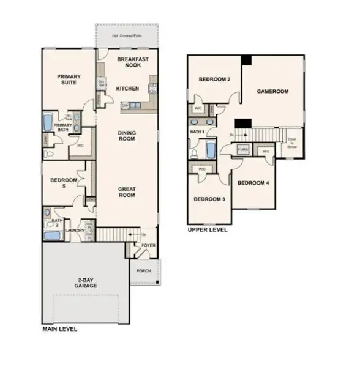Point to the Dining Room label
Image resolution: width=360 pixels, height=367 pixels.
click(127, 135)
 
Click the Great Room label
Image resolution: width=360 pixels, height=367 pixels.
click(127, 193)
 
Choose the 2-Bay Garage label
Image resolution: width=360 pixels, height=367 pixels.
click(86, 283)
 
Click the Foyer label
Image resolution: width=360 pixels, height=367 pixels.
click(149, 245)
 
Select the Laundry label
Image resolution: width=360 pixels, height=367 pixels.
click(74, 230)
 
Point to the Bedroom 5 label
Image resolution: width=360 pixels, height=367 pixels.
click(64, 183)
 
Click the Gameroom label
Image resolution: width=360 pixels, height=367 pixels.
click(272, 92)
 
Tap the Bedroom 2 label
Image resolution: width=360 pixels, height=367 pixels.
click(214, 80)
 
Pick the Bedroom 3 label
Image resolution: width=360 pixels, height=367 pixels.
click(209, 199)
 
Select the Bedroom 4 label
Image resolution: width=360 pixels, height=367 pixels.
click(253, 183)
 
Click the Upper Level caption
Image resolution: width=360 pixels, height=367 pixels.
click(208, 230)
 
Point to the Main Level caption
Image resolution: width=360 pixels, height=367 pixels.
click(60, 328)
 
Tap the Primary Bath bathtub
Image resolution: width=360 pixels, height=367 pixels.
click(48, 121)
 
